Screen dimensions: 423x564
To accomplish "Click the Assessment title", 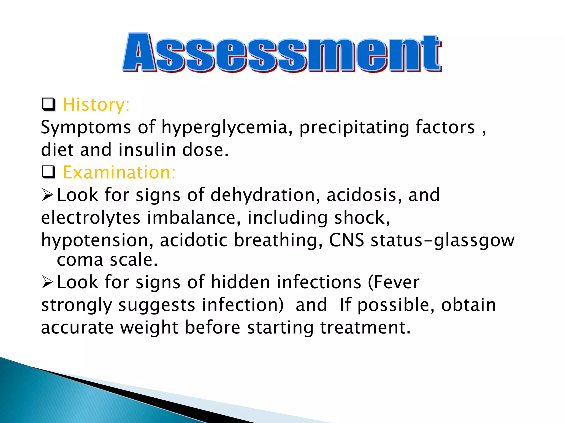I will click(282, 53).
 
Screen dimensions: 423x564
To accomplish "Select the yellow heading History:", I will click(96, 105).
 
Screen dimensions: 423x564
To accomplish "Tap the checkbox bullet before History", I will click(49, 104).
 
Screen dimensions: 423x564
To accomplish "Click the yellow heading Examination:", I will click(119, 173).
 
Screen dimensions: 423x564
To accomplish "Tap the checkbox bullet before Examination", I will click(49, 172).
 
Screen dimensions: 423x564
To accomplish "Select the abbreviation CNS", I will click(346, 240).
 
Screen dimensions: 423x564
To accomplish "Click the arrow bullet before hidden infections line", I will click(47, 283).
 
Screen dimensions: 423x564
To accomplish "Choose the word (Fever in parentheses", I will click(394, 283).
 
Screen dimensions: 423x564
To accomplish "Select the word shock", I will click(361, 218).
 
